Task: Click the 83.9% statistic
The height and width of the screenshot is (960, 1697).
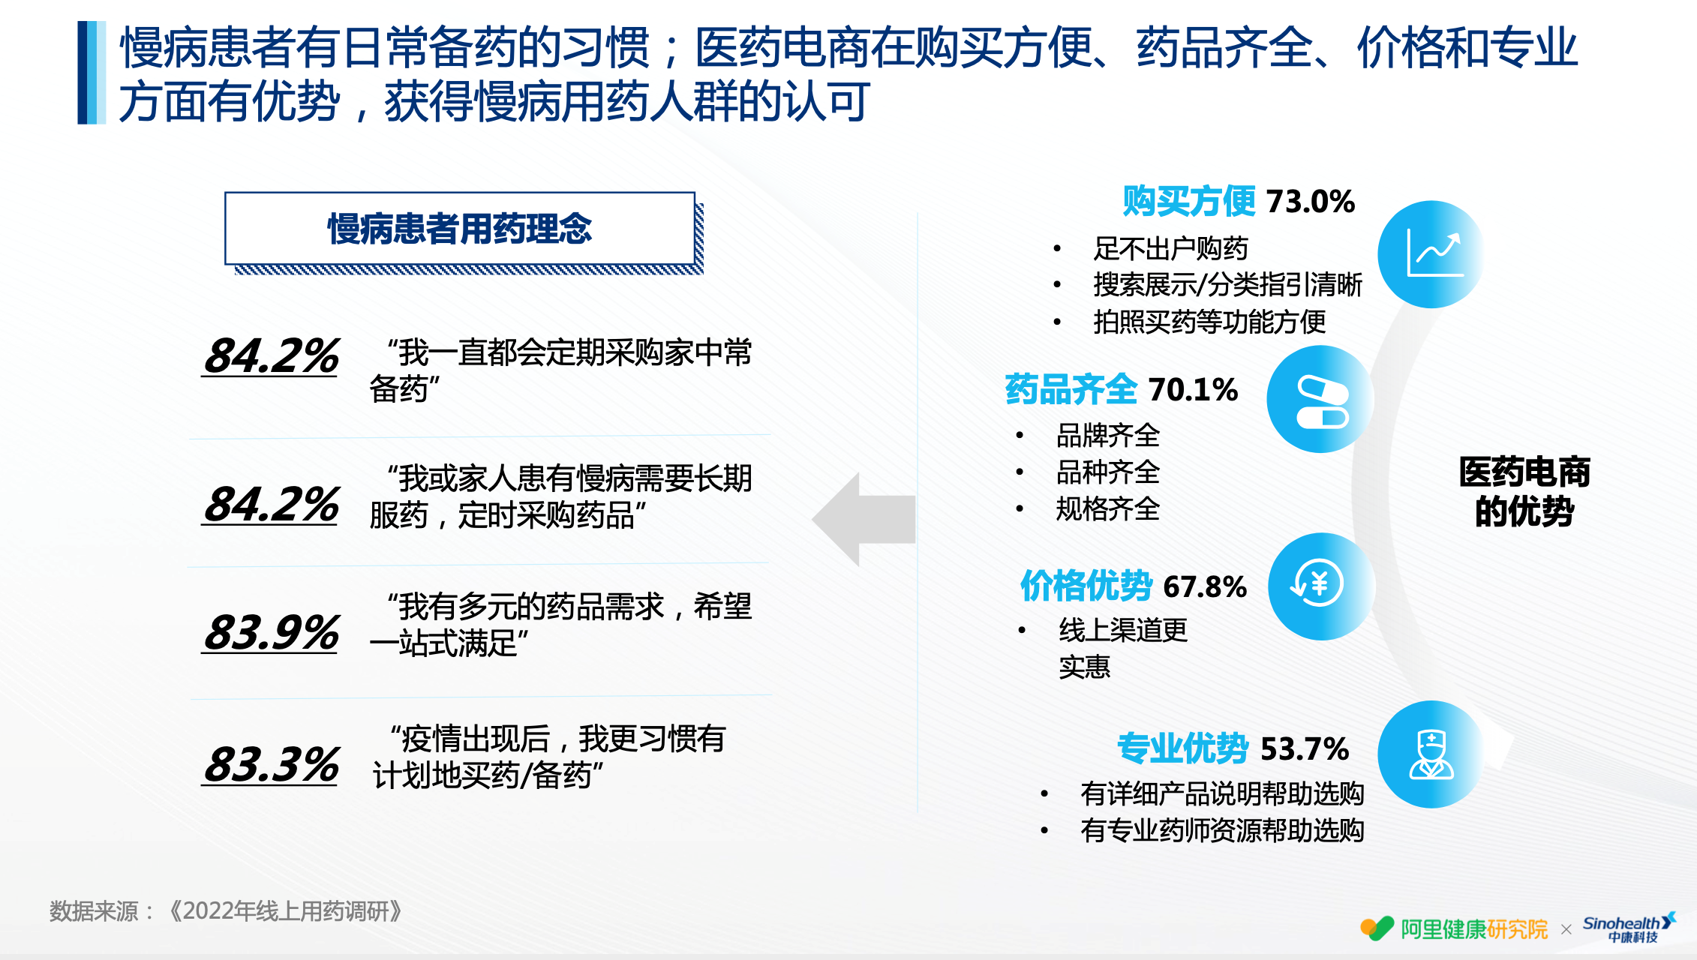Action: [x=272, y=631]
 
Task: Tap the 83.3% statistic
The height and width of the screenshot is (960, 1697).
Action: [x=272, y=764]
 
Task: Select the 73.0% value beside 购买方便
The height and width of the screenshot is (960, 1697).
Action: [x=1311, y=201]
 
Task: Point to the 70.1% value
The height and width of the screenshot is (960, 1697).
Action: [x=1193, y=389]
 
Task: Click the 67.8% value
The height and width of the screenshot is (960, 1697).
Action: [x=1205, y=586]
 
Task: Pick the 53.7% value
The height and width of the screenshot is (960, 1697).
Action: [x=1305, y=748]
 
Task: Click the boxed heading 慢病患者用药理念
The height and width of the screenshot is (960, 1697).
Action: [x=460, y=229]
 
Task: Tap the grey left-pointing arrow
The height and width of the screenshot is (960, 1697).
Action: [x=864, y=519]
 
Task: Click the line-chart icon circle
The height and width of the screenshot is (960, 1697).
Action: [x=1431, y=254]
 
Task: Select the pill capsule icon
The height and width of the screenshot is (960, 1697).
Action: [x=1320, y=399]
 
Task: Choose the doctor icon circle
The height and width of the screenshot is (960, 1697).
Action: [x=1431, y=754]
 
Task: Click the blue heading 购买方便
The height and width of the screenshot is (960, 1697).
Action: [x=1189, y=201]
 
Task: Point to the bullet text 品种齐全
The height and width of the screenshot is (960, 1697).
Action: [x=1107, y=472]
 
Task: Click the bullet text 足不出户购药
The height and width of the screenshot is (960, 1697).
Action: [x=1170, y=248]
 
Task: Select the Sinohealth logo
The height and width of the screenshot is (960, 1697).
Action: [x=1629, y=928]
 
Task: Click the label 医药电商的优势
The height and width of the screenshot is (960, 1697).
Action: [x=1524, y=492]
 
